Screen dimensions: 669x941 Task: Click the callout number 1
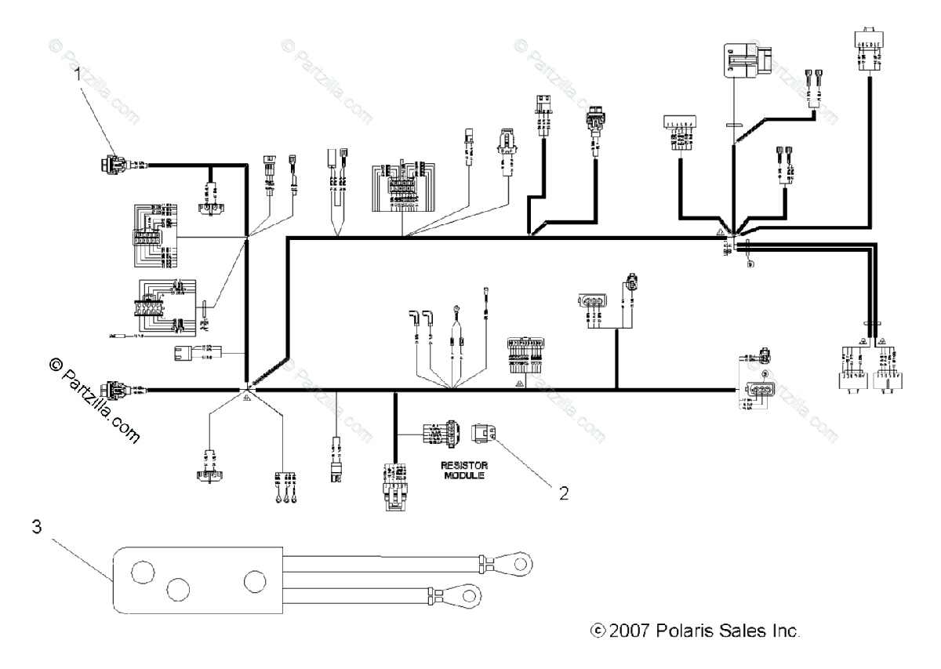coord(78,75)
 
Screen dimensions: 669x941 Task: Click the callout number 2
coord(562,493)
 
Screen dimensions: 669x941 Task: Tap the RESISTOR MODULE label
coord(460,469)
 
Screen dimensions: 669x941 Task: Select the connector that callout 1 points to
coord(110,165)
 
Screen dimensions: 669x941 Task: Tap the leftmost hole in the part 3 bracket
coord(143,573)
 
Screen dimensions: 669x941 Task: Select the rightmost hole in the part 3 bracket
coord(255,582)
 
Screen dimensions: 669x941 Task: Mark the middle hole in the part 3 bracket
coord(179,589)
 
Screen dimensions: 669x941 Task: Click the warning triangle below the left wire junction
coord(247,399)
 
